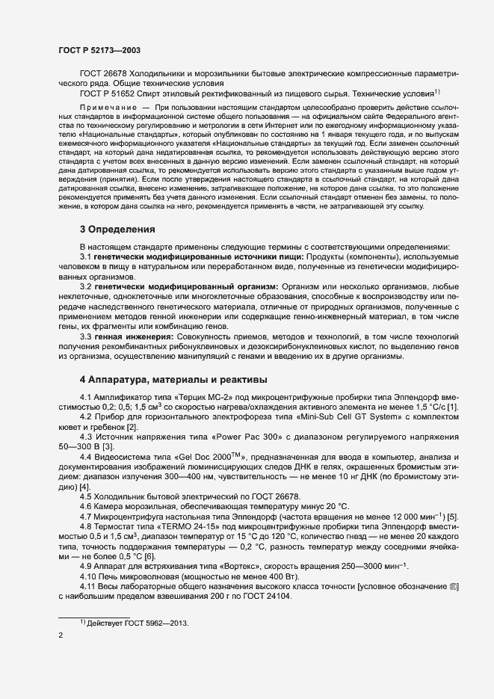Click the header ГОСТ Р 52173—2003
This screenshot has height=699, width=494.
pyautogui.click(x=99, y=50)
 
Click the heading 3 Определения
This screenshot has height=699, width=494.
pyautogui.click(x=117, y=229)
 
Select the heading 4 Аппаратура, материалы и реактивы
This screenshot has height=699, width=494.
pyautogui.click(x=168, y=378)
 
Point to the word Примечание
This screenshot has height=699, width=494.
pyautogui.click(x=108, y=108)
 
